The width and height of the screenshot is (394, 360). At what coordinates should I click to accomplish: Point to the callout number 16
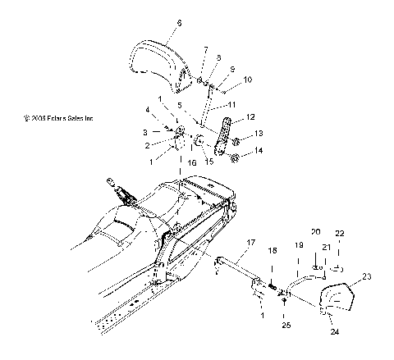(192, 164)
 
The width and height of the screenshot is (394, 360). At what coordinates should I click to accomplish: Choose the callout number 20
(315, 233)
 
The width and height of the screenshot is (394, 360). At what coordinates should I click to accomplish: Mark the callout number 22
(340, 234)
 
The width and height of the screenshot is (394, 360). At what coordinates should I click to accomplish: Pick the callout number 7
(204, 50)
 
